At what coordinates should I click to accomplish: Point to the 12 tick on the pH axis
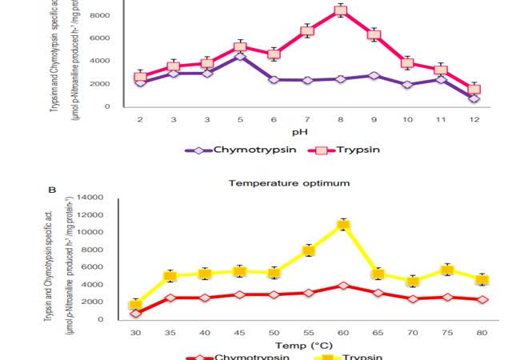[x=474, y=118]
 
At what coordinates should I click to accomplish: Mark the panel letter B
[x=53, y=191]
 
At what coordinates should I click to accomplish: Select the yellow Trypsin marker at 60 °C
[x=343, y=225]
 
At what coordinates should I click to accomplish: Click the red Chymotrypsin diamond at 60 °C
[x=343, y=286]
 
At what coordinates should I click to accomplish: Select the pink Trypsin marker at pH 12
[x=474, y=89]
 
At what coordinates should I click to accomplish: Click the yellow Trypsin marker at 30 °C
[x=135, y=304]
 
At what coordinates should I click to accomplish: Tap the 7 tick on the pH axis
[x=307, y=118]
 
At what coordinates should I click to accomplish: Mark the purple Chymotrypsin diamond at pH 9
[x=374, y=75]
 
